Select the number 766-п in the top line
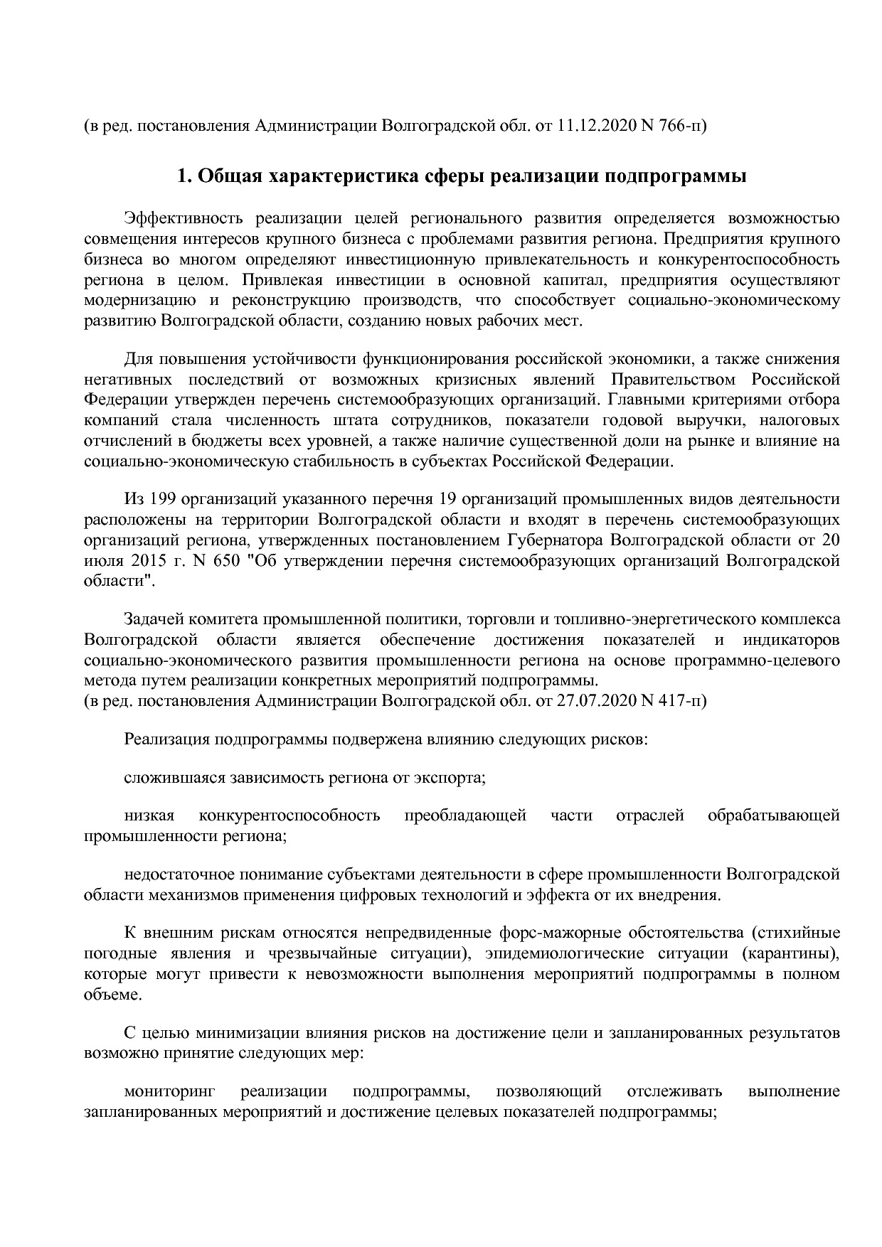[x=682, y=127]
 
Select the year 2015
[x=146, y=561]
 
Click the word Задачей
[x=152, y=620]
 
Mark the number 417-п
[x=682, y=702]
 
